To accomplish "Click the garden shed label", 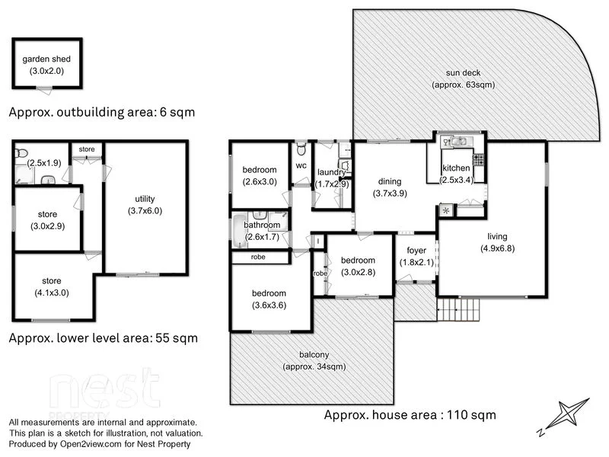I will pyautogui.click(x=46, y=59).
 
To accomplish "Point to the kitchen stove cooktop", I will pyautogui.click(x=479, y=159).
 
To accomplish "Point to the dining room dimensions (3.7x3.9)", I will pyautogui.click(x=390, y=193).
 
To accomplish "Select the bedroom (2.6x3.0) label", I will pyautogui.click(x=259, y=169).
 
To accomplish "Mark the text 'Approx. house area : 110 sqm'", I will pyautogui.click(x=410, y=415).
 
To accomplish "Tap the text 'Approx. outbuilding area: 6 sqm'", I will pyautogui.click(x=101, y=112).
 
